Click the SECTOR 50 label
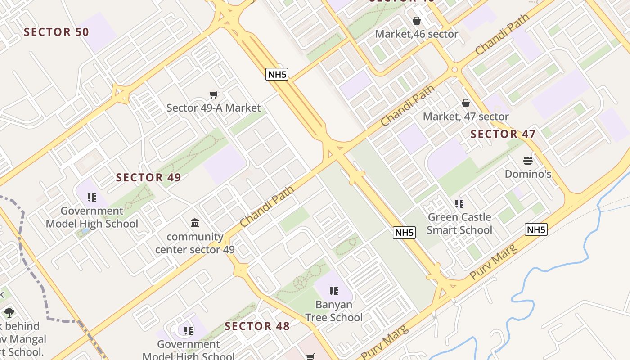pyautogui.click(x=56, y=32)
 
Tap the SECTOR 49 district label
pyautogui.click(x=148, y=177)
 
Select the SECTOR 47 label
pyautogui.click(x=503, y=134)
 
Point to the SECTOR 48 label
pyautogui.click(x=257, y=326)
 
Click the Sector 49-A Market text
pyautogui.click(x=213, y=108)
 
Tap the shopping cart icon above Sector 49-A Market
pyautogui.click(x=214, y=94)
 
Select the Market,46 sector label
pyautogui.click(x=416, y=34)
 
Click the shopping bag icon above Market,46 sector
pyautogui.click(x=417, y=21)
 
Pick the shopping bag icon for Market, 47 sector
pyautogui.click(x=466, y=103)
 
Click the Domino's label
pyautogui.click(x=528, y=174)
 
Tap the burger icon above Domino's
pyautogui.click(x=528, y=161)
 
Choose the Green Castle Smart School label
pyautogui.click(x=459, y=224)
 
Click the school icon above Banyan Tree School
pyautogui.click(x=333, y=291)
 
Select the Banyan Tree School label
pyautogui.click(x=333, y=311)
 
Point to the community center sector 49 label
pyautogui.click(x=195, y=243)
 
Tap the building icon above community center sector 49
pyautogui.click(x=195, y=223)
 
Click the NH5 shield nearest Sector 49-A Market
pyautogui.click(x=277, y=74)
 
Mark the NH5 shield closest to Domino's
pyautogui.click(x=536, y=230)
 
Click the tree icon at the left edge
pyautogui.click(x=9, y=312)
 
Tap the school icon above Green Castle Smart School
pyautogui.click(x=459, y=204)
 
